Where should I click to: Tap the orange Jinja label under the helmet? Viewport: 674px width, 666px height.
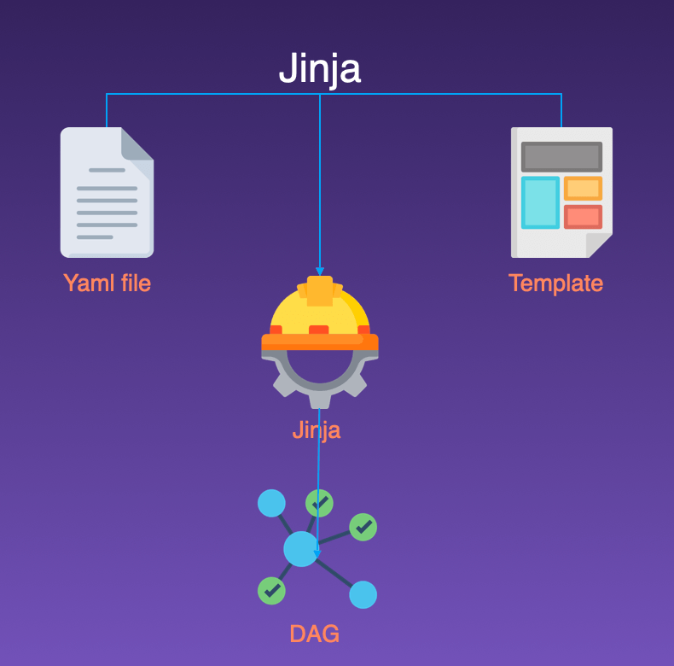point(316,429)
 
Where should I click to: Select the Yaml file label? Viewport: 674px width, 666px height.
point(107,283)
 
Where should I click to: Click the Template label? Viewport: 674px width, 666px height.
point(555,283)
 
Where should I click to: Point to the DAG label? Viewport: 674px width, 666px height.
point(314,634)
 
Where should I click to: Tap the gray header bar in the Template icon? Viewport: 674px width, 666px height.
point(561,156)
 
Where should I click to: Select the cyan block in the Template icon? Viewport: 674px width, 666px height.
point(540,202)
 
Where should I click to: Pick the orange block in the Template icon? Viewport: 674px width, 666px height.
point(583,188)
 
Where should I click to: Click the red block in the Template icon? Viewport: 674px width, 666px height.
point(583,217)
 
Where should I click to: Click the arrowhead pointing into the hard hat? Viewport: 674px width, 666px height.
point(320,271)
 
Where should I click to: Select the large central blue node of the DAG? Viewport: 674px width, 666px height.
point(300,548)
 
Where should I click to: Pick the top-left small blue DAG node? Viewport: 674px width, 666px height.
point(271,503)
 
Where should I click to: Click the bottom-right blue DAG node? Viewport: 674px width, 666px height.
point(363,594)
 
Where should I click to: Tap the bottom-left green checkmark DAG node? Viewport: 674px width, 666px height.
point(271,590)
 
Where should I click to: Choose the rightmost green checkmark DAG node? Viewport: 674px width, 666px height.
point(363,527)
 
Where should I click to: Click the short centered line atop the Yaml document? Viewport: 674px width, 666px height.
point(107,170)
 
